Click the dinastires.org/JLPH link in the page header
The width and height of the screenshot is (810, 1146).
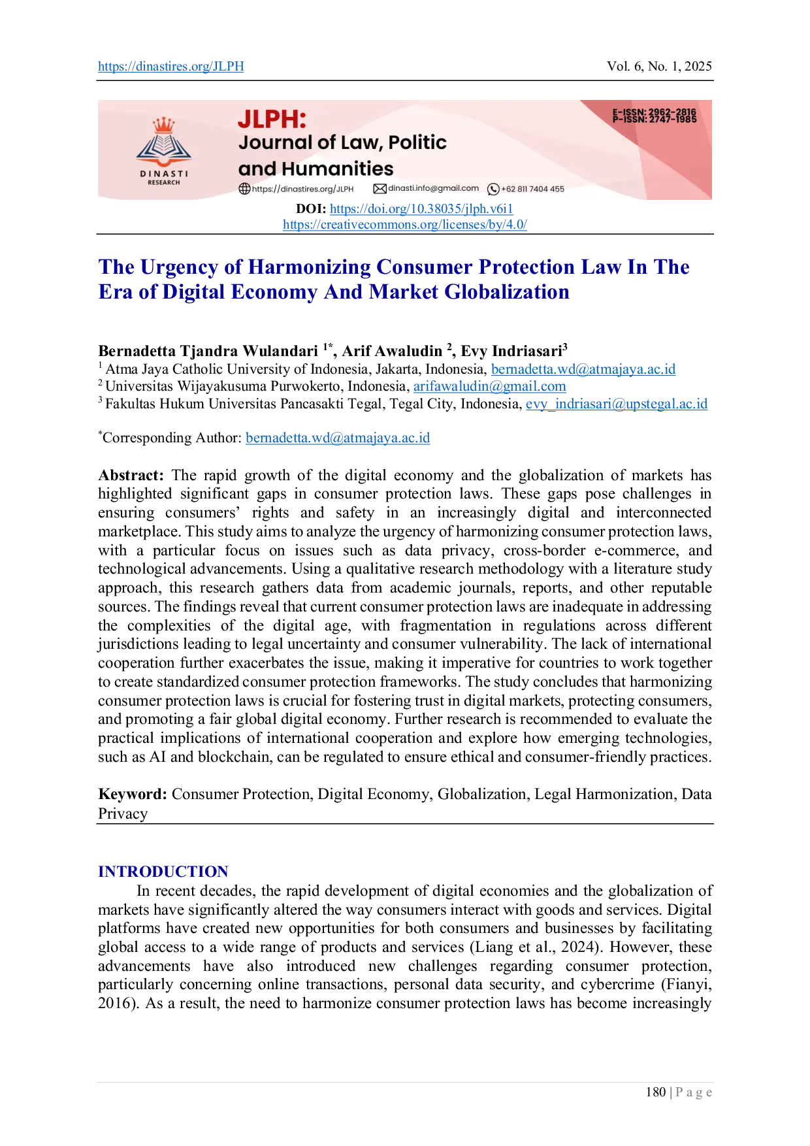(x=171, y=67)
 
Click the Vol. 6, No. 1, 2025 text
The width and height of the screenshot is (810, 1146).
(x=659, y=67)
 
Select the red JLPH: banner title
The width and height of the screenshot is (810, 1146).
(x=272, y=119)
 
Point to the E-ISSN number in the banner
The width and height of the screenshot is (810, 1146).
(x=655, y=112)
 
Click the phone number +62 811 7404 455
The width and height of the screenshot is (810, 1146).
(x=532, y=189)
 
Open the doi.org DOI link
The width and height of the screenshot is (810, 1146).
(x=421, y=209)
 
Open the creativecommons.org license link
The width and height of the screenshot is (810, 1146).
(x=405, y=225)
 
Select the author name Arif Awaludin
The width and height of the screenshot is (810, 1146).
(x=392, y=352)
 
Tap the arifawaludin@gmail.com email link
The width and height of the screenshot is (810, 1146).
(x=490, y=386)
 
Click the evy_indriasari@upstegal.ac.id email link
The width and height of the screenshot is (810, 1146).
(x=617, y=404)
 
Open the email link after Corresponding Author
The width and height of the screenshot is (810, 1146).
(x=338, y=438)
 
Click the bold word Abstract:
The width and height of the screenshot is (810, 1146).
(x=131, y=476)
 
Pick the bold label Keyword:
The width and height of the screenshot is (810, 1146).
(x=133, y=794)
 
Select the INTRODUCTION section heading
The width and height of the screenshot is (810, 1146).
(x=163, y=872)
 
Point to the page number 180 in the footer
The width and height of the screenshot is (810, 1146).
(x=656, y=1092)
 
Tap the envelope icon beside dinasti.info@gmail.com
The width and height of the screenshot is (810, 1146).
(x=380, y=189)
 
